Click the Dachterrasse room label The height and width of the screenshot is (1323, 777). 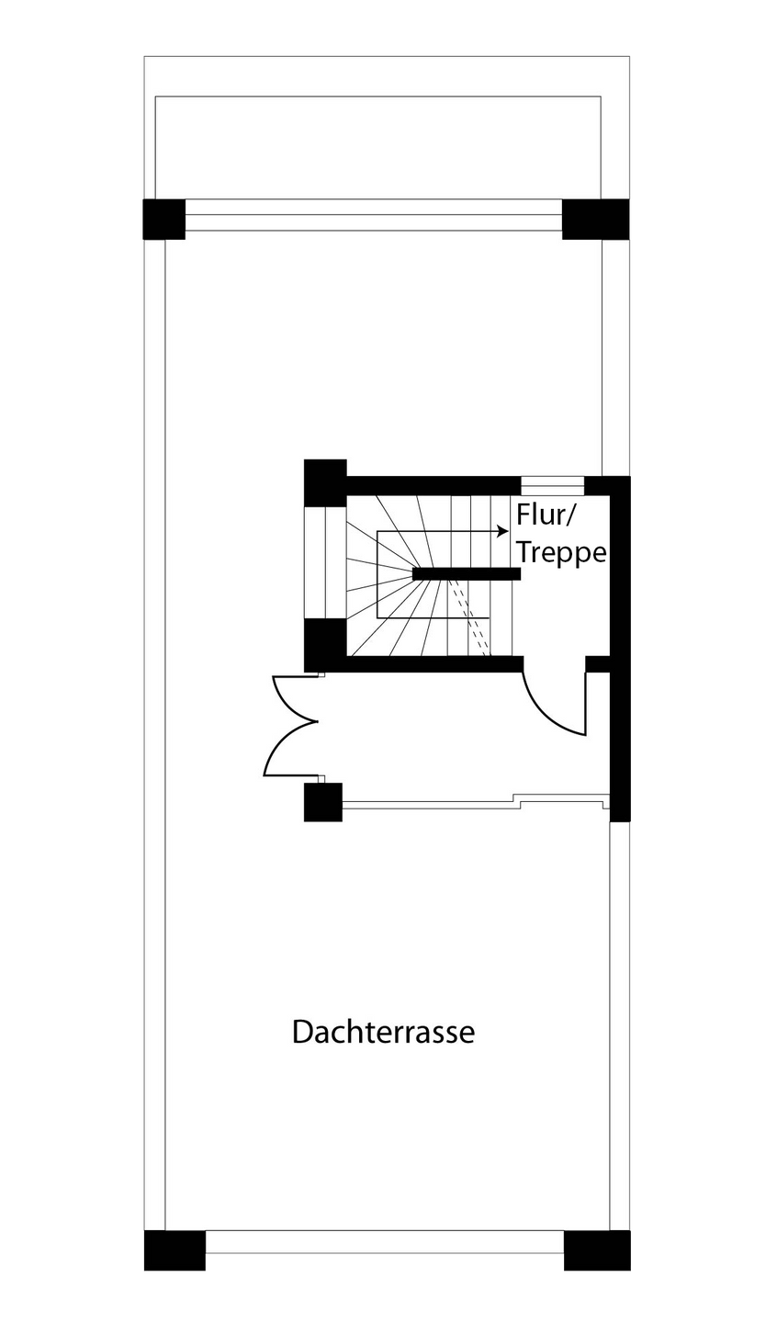point(383,1031)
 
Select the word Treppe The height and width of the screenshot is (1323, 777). point(561,553)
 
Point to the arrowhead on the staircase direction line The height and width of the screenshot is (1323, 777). point(501,531)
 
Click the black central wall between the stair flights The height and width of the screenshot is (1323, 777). point(467,573)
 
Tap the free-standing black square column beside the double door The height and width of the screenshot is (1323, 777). point(323,802)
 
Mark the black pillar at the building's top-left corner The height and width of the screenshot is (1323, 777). point(163,219)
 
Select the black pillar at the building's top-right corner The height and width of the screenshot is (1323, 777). point(596,219)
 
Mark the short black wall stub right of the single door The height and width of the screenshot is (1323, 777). point(598,663)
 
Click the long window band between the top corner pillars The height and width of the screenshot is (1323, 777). point(374,215)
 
